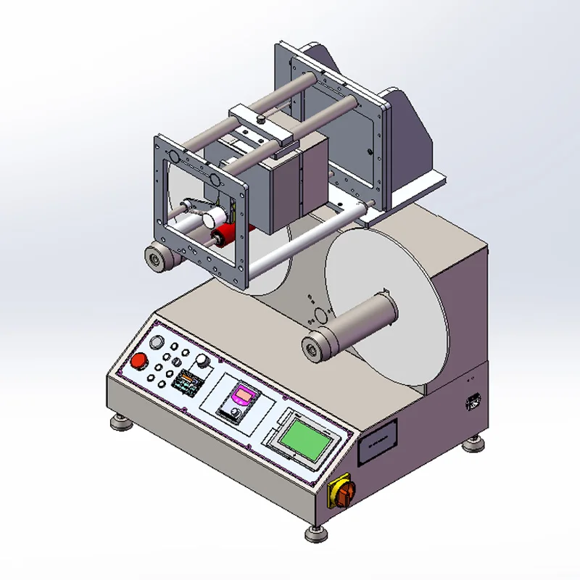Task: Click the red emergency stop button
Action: [x=138, y=362]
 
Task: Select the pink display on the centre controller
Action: [x=242, y=396]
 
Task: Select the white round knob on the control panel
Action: [x=202, y=360]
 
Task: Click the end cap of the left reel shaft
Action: [x=155, y=257]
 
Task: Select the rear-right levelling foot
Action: [x=477, y=440]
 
